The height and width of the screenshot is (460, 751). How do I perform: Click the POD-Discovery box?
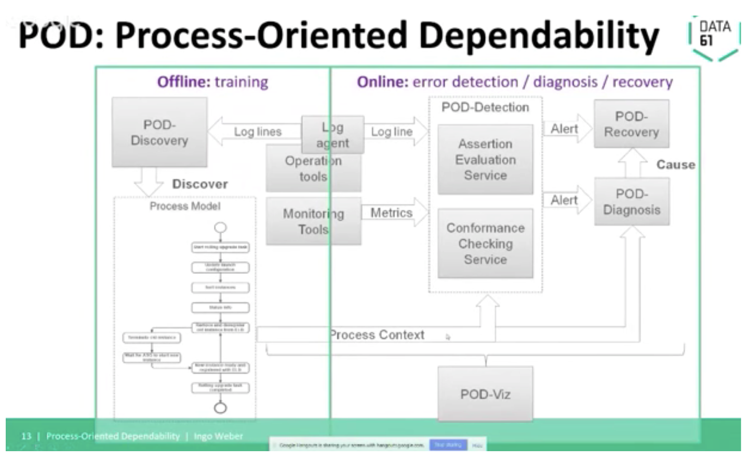(159, 132)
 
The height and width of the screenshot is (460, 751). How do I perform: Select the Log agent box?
(333, 134)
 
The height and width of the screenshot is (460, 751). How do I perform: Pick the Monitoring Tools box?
(313, 221)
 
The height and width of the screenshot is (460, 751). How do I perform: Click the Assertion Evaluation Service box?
(485, 159)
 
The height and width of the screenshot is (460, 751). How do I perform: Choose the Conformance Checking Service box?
(485, 243)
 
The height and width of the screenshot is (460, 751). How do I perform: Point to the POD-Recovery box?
(631, 124)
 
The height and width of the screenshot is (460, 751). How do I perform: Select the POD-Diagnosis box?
(632, 201)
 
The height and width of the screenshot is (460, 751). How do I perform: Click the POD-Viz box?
(485, 394)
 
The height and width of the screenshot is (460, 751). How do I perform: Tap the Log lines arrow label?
(258, 132)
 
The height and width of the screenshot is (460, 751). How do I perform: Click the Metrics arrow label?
(391, 212)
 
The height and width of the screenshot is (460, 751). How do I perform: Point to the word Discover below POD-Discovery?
(200, 184)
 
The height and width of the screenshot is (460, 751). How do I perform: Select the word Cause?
(675, 165)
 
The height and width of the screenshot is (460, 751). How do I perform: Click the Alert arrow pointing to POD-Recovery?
(565, 129)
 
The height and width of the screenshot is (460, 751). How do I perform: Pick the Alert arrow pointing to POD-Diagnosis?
(565, 200)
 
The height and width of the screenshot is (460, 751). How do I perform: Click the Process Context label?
(378, 335)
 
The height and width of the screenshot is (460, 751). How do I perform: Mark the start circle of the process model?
(221, 227)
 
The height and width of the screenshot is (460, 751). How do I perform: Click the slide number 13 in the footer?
(26, 436)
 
